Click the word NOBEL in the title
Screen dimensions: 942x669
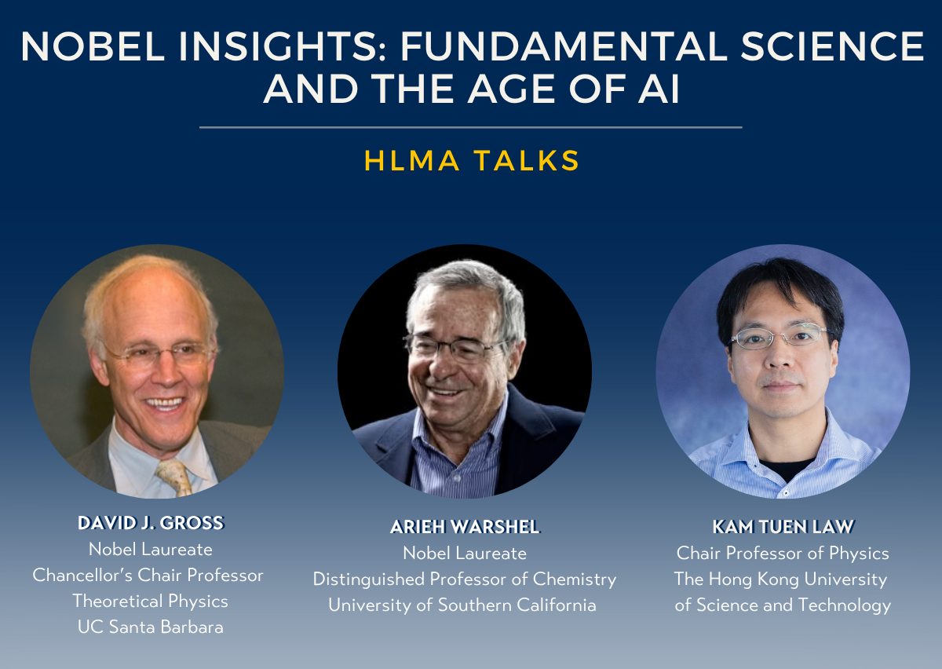click(93, 46)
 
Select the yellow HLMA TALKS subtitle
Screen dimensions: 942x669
click(472, 161)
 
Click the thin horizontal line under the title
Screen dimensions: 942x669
click(470, 127)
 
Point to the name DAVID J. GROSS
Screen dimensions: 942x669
click(151, 523)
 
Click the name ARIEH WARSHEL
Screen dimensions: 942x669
click(465, 527)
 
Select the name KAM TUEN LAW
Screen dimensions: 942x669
click(783, 527)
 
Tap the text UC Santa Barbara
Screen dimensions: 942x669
click(151, 627)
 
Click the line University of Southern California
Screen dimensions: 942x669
click(462, 605)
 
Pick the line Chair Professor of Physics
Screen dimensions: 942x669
click(783, 554)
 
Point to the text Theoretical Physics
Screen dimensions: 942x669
click(151, 601)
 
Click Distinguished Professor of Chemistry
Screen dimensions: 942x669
click(465, 579)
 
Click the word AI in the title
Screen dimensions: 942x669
click(659, 89)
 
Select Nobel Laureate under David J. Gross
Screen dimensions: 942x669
click(151, 550)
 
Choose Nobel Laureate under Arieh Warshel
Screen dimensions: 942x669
click(465, 554)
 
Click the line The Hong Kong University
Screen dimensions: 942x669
click(780, 579)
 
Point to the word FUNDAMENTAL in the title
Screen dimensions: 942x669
click(564, 46)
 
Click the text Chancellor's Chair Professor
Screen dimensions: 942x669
click(148, 576)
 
